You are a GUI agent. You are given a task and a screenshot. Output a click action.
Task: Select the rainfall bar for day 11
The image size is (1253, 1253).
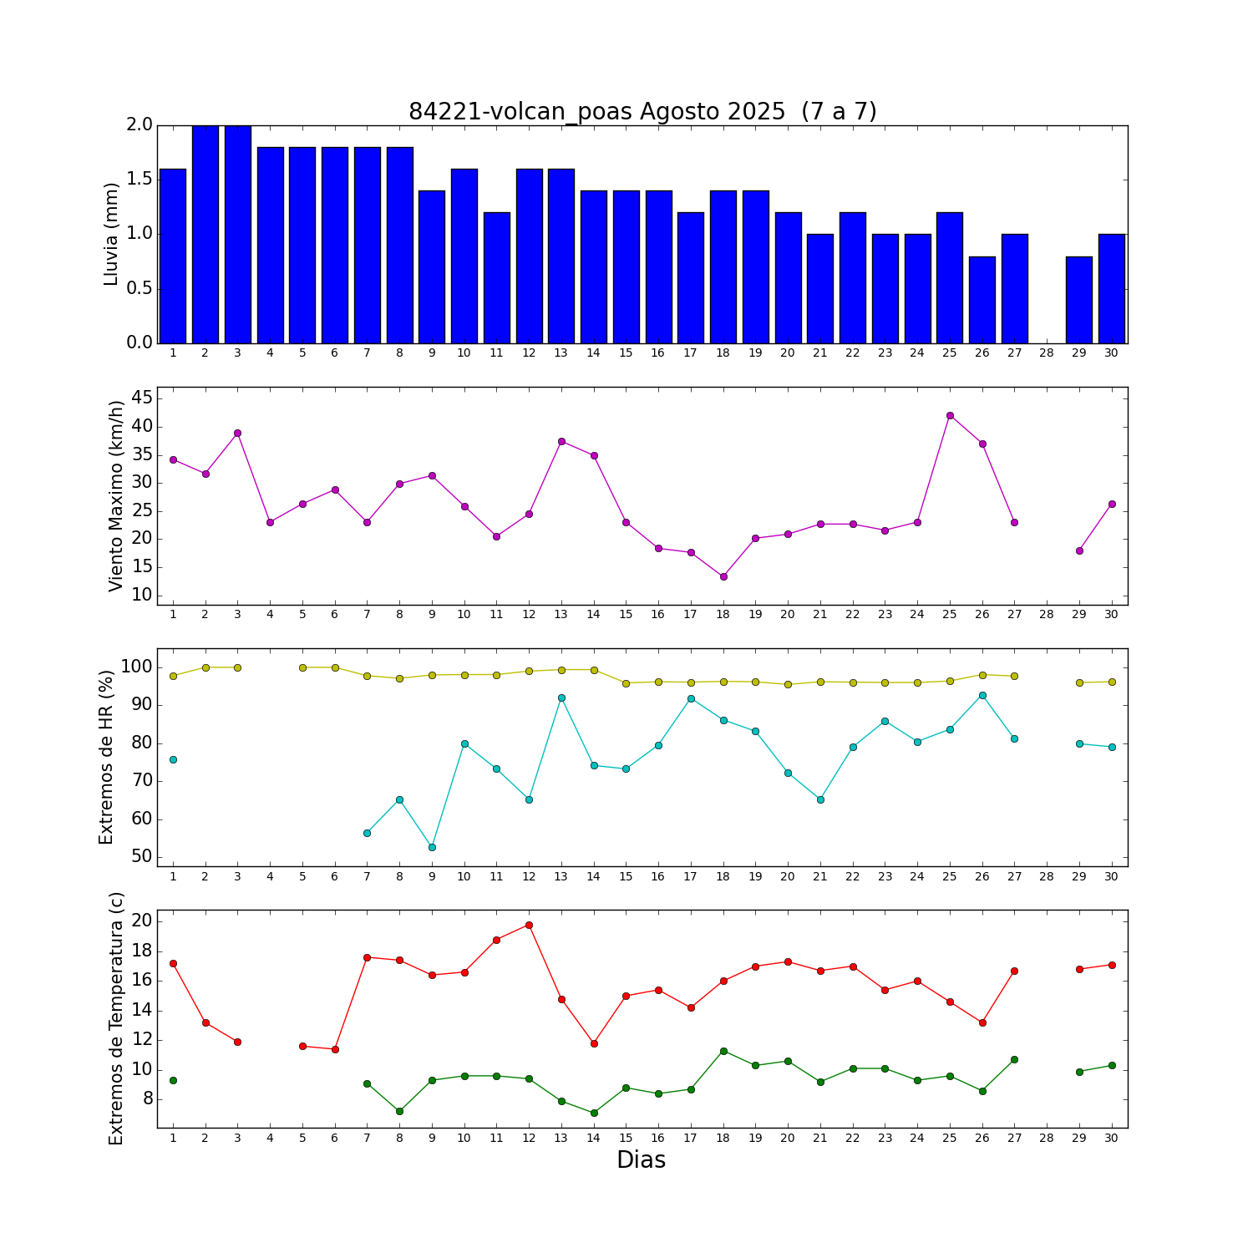497,277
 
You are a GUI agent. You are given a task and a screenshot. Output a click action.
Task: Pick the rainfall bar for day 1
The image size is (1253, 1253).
173,256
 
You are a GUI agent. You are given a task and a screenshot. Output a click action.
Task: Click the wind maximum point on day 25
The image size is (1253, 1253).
950,415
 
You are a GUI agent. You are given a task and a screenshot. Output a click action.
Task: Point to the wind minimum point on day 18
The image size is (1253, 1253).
723,576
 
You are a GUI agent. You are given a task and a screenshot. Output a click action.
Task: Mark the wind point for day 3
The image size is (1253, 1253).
237,433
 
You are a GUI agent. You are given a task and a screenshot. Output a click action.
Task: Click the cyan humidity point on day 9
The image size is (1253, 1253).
432,847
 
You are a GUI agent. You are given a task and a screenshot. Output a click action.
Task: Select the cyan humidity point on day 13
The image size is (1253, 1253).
561,698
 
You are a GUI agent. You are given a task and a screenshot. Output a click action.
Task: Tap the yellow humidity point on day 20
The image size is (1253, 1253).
788,684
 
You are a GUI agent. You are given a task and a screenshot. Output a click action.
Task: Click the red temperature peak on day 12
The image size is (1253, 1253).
529,925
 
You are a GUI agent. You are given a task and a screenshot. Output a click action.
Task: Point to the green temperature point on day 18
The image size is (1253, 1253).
723,1051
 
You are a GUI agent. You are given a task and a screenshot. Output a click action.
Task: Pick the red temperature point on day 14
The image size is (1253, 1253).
594,1043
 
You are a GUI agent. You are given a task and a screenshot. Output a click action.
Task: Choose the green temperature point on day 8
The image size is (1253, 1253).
399,1111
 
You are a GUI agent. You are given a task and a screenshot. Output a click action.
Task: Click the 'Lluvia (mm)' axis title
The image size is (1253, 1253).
112,235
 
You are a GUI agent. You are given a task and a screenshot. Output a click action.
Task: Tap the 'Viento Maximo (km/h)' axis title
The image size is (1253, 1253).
116,496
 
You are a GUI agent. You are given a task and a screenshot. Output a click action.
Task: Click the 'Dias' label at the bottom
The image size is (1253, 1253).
641,1160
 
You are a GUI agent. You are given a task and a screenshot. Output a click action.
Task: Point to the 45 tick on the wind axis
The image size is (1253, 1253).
142,398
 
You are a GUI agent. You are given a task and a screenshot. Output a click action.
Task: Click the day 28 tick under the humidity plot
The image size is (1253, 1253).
1047,876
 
